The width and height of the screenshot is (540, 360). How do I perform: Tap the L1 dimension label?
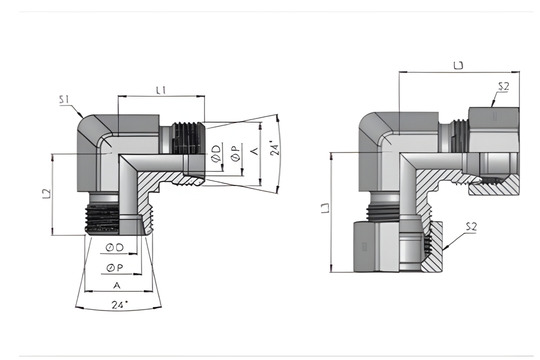[159, 90]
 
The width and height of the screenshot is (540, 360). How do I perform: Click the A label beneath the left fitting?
[118, 284]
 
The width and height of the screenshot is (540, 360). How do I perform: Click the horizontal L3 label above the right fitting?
[459, 65]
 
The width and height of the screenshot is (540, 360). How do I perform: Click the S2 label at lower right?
[471, 227]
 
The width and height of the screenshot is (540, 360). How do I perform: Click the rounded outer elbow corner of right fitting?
[372, 124]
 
